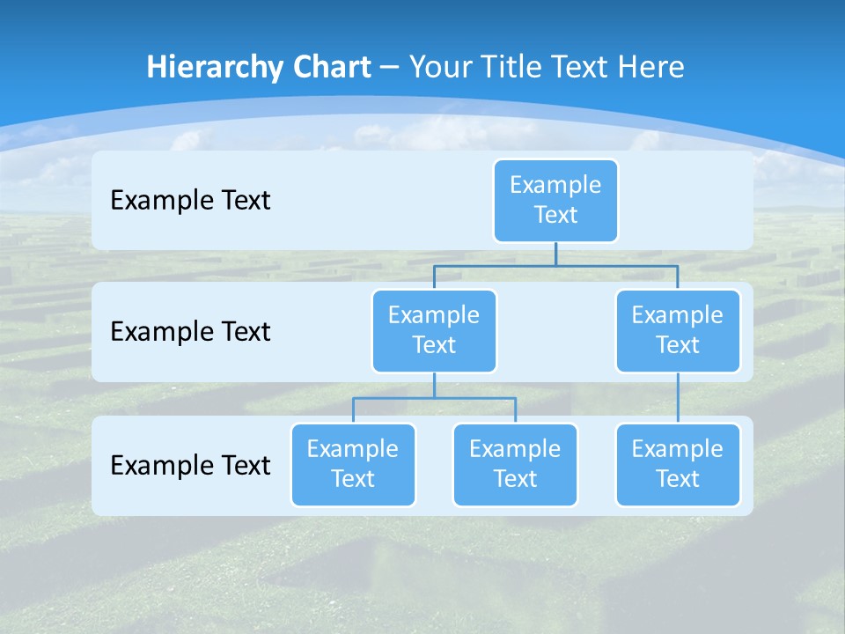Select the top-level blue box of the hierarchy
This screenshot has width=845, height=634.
(555, 201)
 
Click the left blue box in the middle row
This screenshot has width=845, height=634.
(434, 330)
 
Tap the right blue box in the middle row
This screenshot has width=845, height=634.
(678, 330)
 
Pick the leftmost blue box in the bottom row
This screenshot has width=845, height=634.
(353, 464)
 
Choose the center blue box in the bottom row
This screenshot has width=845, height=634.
(515, 464)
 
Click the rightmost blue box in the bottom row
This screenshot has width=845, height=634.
(678, 464)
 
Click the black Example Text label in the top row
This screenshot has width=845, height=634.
(190, 201)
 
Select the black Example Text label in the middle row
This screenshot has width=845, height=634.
(190, 332)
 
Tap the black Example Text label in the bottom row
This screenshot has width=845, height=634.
(190, 465)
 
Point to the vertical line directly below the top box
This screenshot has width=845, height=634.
(555, 254)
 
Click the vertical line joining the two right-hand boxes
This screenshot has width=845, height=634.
(678, 398)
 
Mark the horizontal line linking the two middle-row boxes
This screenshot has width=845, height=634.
(555, 264)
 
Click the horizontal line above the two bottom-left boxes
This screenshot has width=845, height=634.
(434, 398)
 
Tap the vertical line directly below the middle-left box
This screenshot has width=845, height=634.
(434, 385)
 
